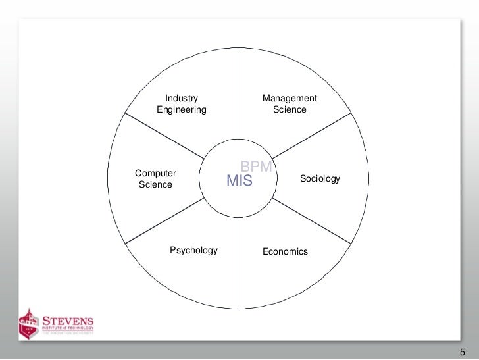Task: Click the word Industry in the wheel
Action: point(181,99)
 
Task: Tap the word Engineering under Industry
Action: point(181,110)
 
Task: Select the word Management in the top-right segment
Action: point(290,99)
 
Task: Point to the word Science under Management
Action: point(290,110)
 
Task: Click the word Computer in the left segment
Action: point(156,173)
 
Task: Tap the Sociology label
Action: point(320,178)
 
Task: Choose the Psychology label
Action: point(193,250)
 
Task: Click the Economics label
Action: point(285,251)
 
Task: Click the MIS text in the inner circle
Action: point(239,180)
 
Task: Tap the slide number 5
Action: point(461,349)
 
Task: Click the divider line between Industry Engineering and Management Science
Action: point(237,92)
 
